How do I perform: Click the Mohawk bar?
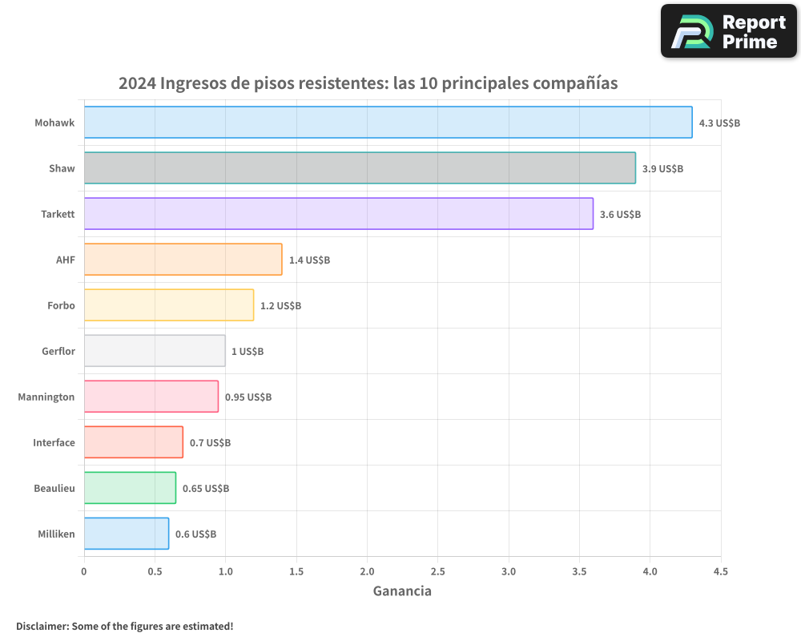pos(388,123)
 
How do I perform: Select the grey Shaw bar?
pos(360,168)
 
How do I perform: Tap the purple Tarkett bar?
pos(338,214)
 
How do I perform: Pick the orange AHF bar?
pos(183,260)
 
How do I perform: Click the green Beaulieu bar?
pos(130,488)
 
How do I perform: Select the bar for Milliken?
pos(126,534)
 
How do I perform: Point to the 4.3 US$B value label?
pos(719,123)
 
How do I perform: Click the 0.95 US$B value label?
pos(248,397)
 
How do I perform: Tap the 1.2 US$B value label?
pos(280,306)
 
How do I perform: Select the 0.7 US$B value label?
pos(210,443)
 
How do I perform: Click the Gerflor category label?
pos(58,351)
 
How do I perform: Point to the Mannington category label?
pos(46,397)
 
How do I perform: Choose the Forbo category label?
pos(61,305)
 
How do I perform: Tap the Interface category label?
pos(54,442)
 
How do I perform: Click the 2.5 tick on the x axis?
pos(437,571)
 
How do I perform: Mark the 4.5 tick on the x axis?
pos(720,571)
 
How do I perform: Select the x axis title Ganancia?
pos(402,591)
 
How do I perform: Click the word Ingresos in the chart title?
pos(193,83)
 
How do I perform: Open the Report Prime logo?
pos(728,31)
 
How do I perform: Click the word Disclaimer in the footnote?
pos(41,626)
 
